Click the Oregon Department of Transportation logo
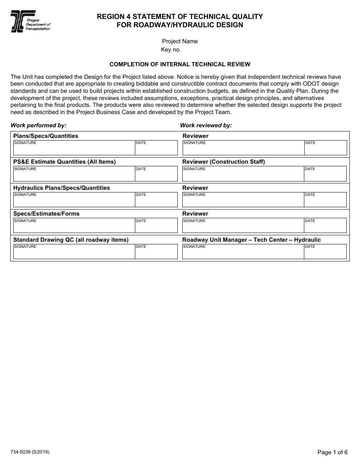[x=30, y=22]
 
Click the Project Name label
[x=180, y=41]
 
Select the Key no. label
[x=171, y=50]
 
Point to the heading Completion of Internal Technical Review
[x=180, y=64]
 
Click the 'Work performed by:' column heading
[x=39, y=125]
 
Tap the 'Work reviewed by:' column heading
[x=206, y=125]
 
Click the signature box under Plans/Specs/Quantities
[x=74, y=148]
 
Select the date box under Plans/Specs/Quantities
[x=156, y=148]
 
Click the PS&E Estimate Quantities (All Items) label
[x=64, y=162]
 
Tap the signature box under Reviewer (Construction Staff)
[x=243, y=174]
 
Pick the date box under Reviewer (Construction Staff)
[x=325, y=174]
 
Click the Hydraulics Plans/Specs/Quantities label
[x=61, y=188]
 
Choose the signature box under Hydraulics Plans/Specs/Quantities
[x=74, y=200]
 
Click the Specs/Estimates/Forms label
[x=46, y=214]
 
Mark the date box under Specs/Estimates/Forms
[x=156, y=226]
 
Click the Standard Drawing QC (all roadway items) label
[x=71, y=240]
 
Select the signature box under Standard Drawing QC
[x=74, y=252]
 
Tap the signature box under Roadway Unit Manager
[x=243, y=252]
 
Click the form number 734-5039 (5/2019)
[x=30, y=452]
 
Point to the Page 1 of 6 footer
[x=332, y=452]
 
